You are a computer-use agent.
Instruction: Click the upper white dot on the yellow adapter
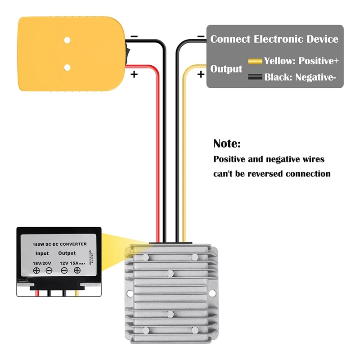tap(67, 40)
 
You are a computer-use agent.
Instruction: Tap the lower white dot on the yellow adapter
tap(67, 68)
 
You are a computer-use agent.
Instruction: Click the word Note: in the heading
tap(227, 144)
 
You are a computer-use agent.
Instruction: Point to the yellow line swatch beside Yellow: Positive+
tap(255, 61)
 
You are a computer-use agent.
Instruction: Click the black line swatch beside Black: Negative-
tap(255, 77)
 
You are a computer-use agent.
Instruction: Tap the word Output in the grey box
tap(226, 69)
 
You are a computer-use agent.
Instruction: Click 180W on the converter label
tap(38, 244)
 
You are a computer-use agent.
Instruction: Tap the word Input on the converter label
tap(42, 253)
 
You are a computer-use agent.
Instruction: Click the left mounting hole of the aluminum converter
tap(130, 293)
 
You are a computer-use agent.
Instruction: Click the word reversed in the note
tap(280, 174)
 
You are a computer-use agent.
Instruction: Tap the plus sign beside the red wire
tap(134, 74)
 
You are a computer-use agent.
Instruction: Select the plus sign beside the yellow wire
tap(201, 74)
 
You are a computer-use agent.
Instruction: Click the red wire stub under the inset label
tap(37, 293)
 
